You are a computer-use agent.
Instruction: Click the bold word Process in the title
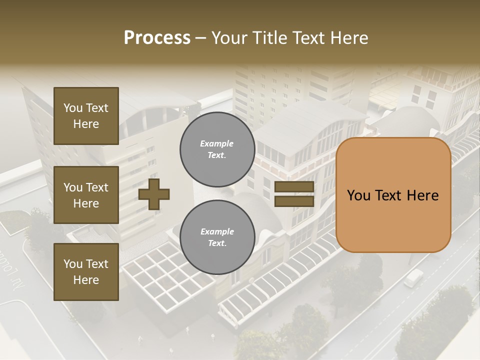click(x=157, y=38)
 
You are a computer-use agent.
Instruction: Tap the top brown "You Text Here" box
click(x=86, y=116)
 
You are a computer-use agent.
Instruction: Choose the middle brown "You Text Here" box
click(x=86, y=195)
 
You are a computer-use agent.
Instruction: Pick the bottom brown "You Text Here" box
click(x=86, y=272)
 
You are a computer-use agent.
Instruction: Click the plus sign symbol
click(x=154, y=194)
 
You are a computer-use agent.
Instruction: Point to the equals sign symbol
click(x=294, y=194)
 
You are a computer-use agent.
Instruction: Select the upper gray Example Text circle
click(x=217, y=149)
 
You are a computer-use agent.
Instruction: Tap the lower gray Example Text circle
click(x=217, y=237)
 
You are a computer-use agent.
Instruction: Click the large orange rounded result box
click(x=393, y=195)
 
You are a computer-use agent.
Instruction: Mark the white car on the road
click(x=413, y=277)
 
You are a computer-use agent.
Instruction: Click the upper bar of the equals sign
click(x=294, y=187)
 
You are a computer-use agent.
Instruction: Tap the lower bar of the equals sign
click(x=294, y=201)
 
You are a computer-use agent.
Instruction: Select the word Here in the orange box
click(x=422, y=195)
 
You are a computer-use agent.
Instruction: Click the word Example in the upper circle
click(x=217, y=143)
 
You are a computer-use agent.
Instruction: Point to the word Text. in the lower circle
click(x=217, y=243)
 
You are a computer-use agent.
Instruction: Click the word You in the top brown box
click(x=73, y=108)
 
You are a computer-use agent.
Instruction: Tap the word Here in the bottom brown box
click(x=86, y=280)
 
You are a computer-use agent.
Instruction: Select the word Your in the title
click(x=230, y=38)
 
